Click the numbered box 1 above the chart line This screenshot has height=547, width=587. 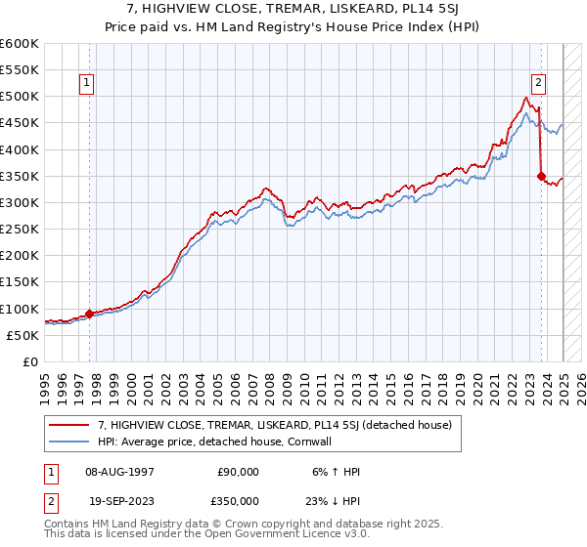coord(87,84)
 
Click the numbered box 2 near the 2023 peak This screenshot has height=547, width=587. coord(539,84)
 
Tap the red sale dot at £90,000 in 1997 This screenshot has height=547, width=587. coord(89,314)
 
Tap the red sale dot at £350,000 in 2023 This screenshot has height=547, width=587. coord(541,176)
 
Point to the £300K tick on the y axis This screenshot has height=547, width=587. coord(19,202)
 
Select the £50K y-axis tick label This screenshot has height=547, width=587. coord(23,335)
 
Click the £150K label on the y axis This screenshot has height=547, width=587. coord(19,282)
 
